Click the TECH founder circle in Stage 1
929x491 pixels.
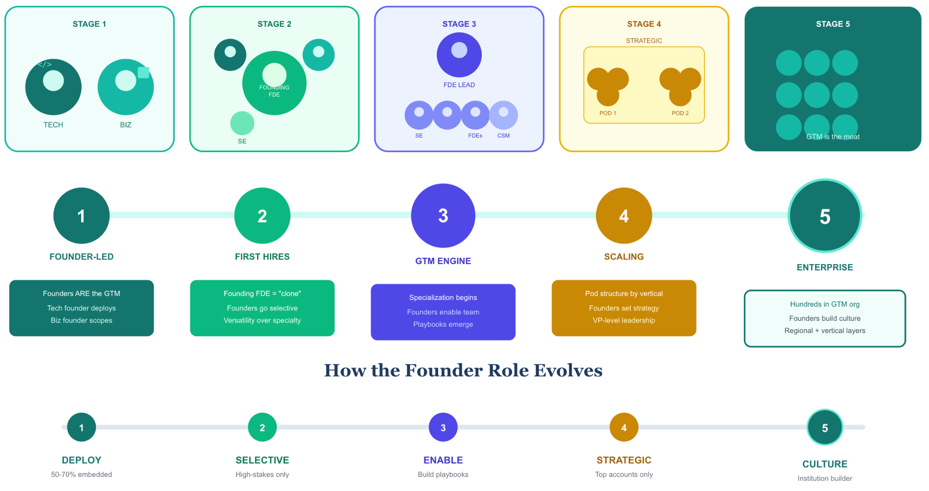tap(54, 87)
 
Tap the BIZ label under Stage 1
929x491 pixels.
tap(126, 125)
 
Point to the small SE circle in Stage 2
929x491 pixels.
tap(242, 123)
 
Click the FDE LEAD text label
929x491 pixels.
tap(459, 85)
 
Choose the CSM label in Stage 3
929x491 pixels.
tap(504, 136)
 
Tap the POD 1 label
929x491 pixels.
tap(608, 113)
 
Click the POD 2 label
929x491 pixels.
tap(680, 113)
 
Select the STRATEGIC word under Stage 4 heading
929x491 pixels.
tap(644, 41)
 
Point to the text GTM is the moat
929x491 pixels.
tap(833, 137)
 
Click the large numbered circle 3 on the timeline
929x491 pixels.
tap(443, 216)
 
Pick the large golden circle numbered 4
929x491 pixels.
tap(624, 216)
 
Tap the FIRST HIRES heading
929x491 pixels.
tap(262, 257)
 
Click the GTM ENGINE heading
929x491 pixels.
tap(443, 261)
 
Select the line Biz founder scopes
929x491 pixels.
tap(82, 320)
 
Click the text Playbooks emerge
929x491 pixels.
tap(443, 324)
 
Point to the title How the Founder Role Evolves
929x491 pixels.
tap(463, 370)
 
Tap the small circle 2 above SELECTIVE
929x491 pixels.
tap(262, 427)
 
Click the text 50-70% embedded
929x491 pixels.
tap(82, 475)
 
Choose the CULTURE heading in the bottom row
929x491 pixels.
tap(825, 464)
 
